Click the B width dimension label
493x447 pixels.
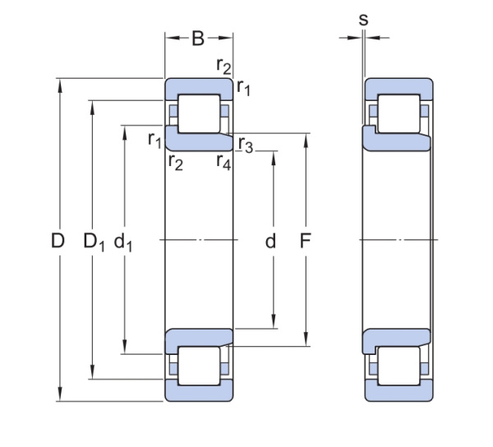(198, 39)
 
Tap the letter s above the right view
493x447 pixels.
(363, 19)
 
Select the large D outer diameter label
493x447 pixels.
(58, 242)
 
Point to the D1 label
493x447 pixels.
(94, 242)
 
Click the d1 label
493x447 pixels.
(124, 242)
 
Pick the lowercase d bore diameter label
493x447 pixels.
(270, 242)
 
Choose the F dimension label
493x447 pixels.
(306, 242)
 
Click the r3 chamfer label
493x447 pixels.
(246, 145)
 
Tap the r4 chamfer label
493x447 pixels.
(223, 161)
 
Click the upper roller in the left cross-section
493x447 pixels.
(200, 114)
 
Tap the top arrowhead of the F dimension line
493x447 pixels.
(306, 138)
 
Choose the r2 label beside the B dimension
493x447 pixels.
(223, 66)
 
